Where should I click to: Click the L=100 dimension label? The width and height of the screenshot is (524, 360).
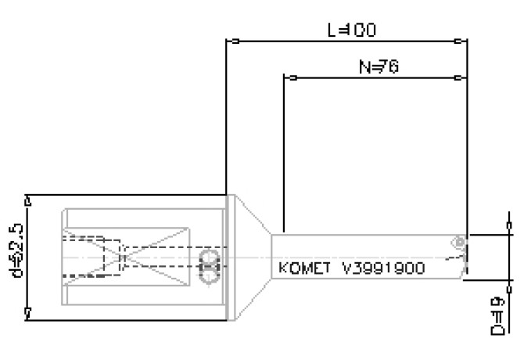click(x=351, y=31)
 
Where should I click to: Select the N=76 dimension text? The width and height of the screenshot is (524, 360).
click(x=379, y=67)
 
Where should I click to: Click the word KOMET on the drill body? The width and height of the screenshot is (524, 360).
click(x=305, y=268)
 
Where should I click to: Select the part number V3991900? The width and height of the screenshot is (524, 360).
click(x=383, y=268)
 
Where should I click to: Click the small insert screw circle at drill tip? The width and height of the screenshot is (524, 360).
click(x=461, y=243)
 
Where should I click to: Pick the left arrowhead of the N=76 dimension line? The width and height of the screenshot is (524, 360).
click(x=288, y=78)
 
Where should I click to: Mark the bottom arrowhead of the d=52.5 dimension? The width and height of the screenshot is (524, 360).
click(x=28, y=314)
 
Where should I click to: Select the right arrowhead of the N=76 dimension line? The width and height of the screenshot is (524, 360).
click(x=463, y=78)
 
